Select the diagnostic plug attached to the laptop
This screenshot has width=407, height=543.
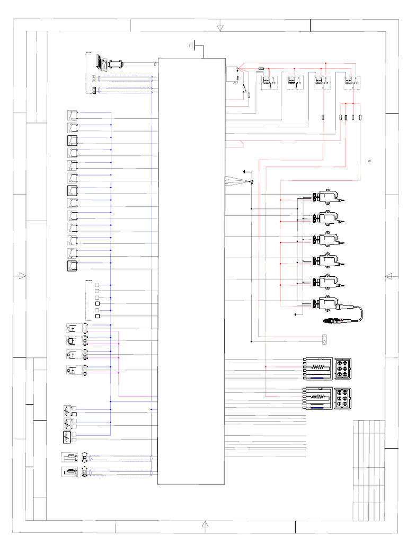click(115, 64)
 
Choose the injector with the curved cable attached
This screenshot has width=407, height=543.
click(329, 303)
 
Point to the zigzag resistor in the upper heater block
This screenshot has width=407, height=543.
click(320, 366)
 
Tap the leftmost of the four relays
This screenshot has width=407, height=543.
click(269, 81)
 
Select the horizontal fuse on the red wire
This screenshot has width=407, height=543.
click(261, 68)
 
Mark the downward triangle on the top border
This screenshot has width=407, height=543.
click(220, 27)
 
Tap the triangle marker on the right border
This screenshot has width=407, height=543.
click(388, 276)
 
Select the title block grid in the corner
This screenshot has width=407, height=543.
click(368, 469)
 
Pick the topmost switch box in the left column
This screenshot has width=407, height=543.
click(73, 115)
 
